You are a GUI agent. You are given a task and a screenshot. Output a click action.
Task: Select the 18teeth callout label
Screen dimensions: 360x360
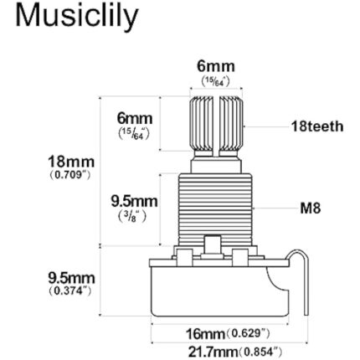click(x=316, y=127)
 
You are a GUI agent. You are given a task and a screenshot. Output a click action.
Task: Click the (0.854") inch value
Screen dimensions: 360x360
click(x=260, y=348)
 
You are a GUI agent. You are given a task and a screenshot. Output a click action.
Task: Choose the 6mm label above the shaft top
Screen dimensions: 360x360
click(x=216, y=66)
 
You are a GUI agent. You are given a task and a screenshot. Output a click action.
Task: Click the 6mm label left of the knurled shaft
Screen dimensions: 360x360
click(x=135, y=119)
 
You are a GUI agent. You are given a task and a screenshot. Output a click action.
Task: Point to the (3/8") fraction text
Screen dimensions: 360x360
click(x=132, y=215)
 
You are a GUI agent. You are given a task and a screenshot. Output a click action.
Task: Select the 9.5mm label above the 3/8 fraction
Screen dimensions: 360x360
click(x=135, y=201)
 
